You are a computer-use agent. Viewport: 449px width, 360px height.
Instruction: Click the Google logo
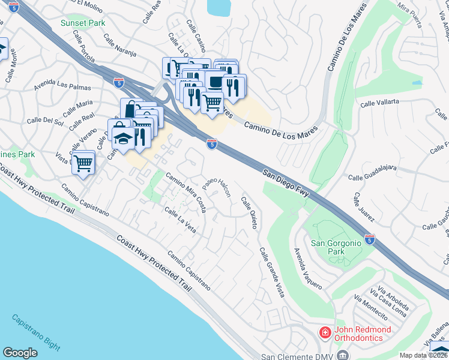[20, 353]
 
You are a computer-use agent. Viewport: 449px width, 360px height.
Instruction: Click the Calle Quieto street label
[250, 213]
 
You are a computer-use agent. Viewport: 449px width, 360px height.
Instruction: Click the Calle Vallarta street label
[379, 103]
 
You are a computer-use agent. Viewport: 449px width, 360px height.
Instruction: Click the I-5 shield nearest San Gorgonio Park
[370, 239]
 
